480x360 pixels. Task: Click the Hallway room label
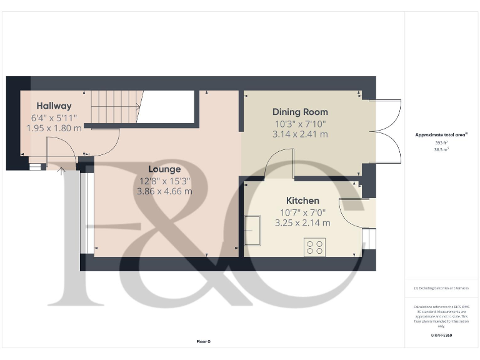54,106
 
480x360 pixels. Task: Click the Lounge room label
164,169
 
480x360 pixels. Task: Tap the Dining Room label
300,112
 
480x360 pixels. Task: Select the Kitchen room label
302,201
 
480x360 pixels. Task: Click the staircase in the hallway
114,107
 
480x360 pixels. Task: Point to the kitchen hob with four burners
314,247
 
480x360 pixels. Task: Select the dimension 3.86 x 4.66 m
164,191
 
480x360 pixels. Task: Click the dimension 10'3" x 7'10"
300,123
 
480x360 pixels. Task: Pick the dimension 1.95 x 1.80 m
54,127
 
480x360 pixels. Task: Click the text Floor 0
204,341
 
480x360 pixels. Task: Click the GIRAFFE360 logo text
441,336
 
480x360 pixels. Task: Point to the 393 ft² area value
441,143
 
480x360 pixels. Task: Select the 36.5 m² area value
441,149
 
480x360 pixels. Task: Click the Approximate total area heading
441,135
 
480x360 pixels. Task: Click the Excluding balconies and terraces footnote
441,288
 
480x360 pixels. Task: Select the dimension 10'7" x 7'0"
302,212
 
